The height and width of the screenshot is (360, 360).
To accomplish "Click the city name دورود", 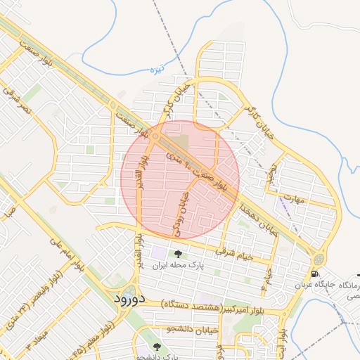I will coord(129,299).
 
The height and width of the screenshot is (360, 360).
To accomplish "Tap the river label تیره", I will coord(157,70).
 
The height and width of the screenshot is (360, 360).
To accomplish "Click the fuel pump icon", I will coord(314,274).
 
